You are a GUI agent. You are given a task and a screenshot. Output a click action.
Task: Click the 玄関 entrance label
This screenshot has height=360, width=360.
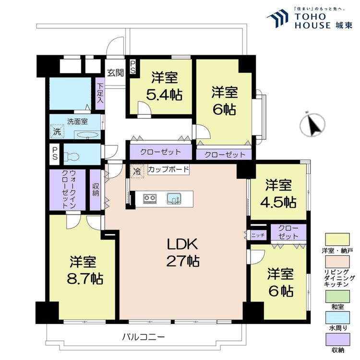click(x=115, y=73)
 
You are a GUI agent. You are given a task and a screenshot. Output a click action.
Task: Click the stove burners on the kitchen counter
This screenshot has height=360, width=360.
click(x=149, y=198)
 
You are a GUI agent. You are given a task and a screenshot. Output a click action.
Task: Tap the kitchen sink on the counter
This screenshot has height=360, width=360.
click(x=173, y=198)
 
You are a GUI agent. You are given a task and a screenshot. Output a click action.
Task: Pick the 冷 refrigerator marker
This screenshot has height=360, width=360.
click(x=137, y=170)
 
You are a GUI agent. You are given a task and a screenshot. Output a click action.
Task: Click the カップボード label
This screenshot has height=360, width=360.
click(x=168, y=169)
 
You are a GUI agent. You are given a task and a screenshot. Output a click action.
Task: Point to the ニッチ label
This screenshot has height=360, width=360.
click(x=257, y=235)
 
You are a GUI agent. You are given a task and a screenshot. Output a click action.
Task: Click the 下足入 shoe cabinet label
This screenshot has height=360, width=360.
click(x=100, y=94)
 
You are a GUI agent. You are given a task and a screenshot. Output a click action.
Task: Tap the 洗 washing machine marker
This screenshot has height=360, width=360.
click(x=57, y=131)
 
